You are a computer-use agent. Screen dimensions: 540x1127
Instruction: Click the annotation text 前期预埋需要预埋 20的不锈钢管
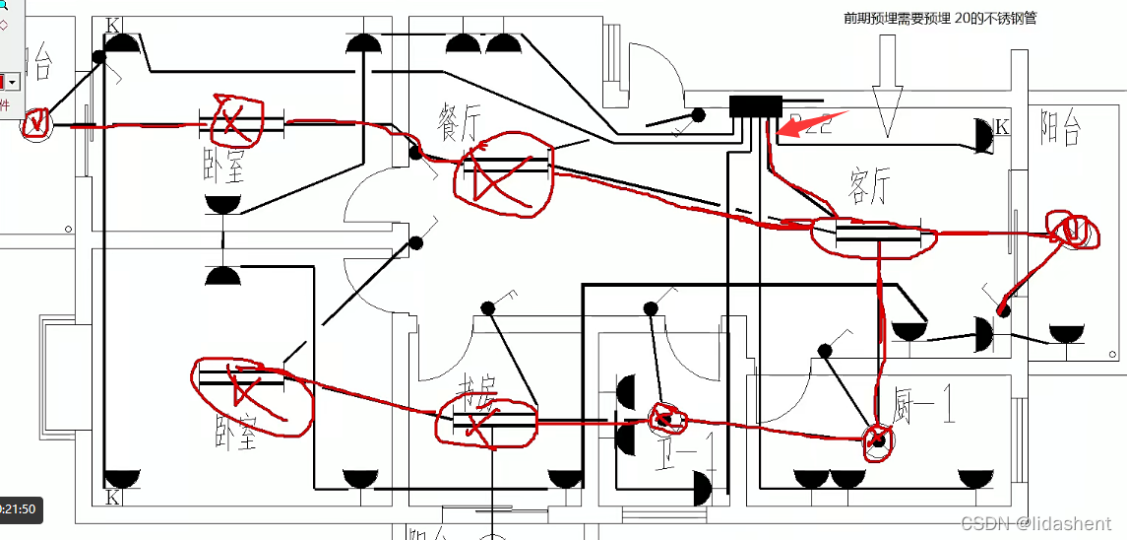[x=940, y=18]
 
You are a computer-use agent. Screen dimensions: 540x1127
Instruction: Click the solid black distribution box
[x=755, y=106]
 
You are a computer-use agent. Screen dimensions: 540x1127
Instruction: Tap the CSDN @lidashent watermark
[x=1036, y=524]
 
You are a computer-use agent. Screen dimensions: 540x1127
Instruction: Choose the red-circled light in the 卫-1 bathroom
[x=666, y=418]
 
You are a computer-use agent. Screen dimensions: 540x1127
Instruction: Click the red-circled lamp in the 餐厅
[x=502, y=173]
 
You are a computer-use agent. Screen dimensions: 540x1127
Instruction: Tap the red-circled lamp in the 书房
[x=487, y=423]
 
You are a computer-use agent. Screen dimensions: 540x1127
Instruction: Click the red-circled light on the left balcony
[x=36, y=123]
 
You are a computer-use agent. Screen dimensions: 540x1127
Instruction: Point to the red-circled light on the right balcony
[x=1071, y=231]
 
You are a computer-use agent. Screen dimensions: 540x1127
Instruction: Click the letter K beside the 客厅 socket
[x=1002, y=127]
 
